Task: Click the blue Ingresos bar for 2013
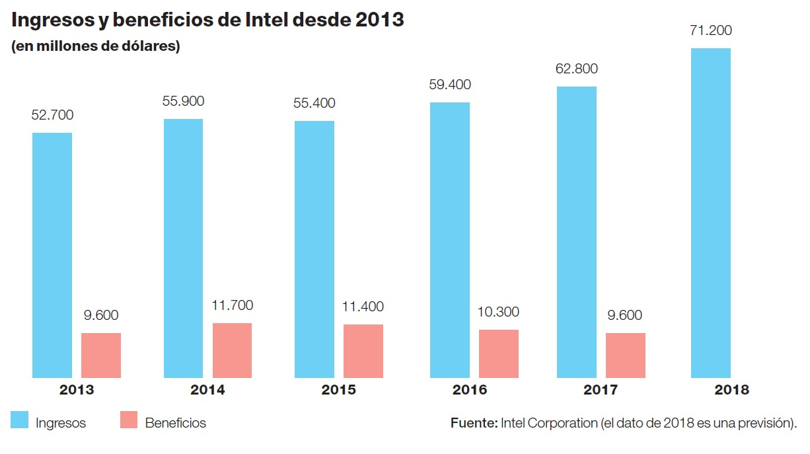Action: point(52,255)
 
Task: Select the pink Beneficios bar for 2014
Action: point(232,350)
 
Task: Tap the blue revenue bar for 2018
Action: point(711,213)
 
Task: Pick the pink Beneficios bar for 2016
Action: point(499,354)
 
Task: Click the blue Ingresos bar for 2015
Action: point(314,249)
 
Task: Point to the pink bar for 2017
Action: point(626,355)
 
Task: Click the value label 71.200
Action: point(710,31)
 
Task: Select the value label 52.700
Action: point(52,115)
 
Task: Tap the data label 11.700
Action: point(232,305)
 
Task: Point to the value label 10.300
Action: point(498,312)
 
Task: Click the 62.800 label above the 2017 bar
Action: point(576,69)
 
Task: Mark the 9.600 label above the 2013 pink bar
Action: point(100,315)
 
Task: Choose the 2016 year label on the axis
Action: point(470,390)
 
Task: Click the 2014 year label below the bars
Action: point(207,390)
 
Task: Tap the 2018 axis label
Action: point(732,390)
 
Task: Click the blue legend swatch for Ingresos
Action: point(19,420)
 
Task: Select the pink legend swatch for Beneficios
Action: point(129,420)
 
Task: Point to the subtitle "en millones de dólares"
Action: point(95,48)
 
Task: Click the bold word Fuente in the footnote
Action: point(474,423)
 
